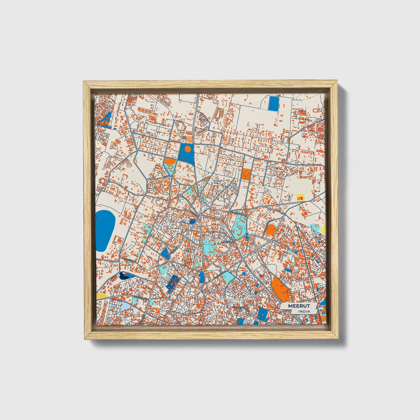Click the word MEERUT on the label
(299, 306)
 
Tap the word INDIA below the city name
(304, 311)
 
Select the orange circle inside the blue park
(187, 149)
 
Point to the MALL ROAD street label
(184, 161)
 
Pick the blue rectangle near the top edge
(274, 103)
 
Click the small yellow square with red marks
(300, 197)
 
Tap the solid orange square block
(246, 174)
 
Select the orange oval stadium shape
(271, 230)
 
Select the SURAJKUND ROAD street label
(239, 307)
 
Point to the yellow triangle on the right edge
(323, 230)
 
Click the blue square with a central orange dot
(263, 314)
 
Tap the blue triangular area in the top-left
(105, 119)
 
